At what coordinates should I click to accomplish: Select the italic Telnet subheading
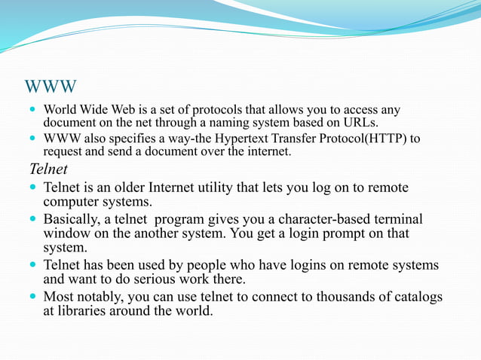(49, 168)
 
